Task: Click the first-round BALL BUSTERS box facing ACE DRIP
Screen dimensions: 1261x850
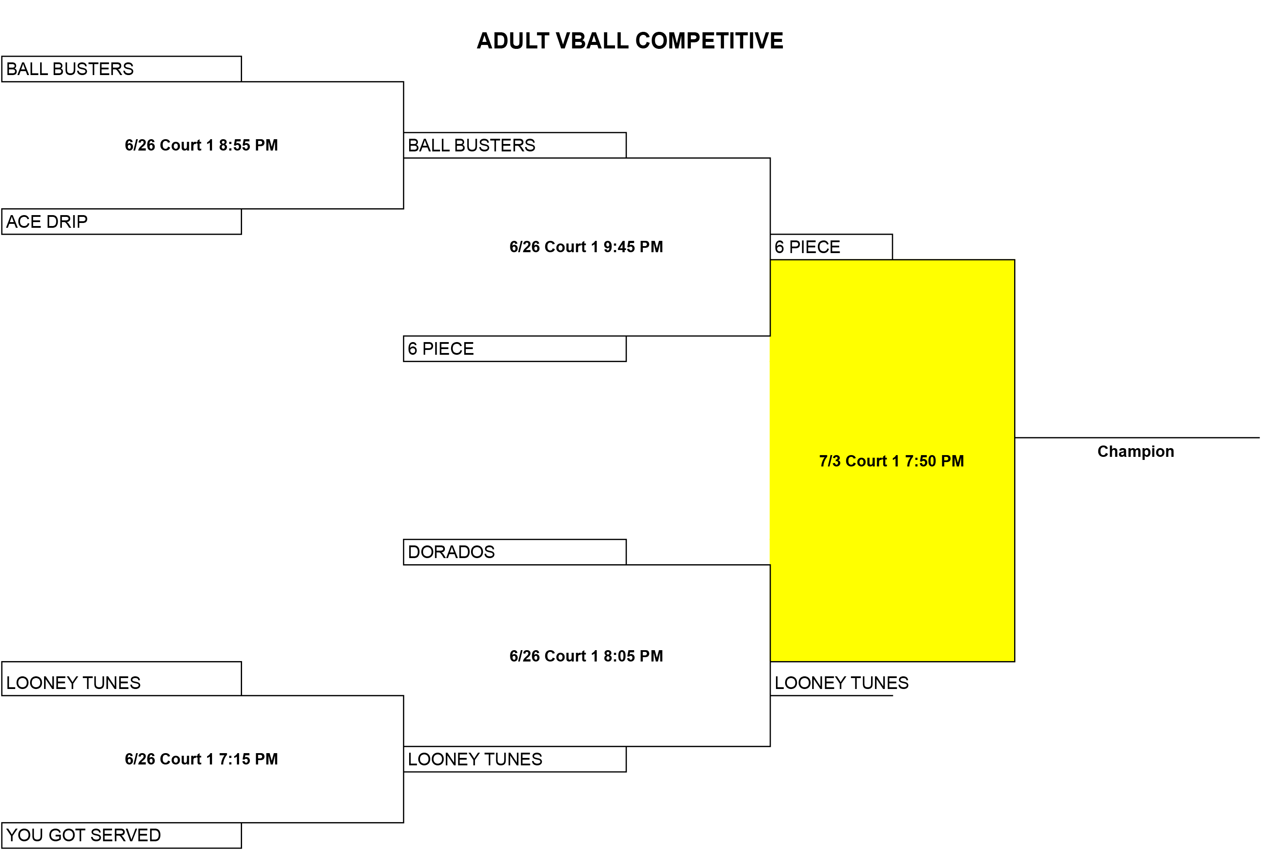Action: pyautogui.click(x=121, y=69)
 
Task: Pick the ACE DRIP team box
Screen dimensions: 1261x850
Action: pyautogui.click(x=121, y=222)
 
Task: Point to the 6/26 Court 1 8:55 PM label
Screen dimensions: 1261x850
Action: pyautogui.click(x=201, y=145)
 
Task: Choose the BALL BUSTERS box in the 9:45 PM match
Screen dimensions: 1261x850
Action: pyautogui.click(x=515, y=145)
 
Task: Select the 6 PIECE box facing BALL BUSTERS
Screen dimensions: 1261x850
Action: pyautogui.click(x=515, y=349)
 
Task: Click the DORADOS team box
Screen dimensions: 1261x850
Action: pyautogui.click(x=515, y=552)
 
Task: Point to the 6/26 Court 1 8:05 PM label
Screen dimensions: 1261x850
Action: pyautogui.click(x=586, y=656)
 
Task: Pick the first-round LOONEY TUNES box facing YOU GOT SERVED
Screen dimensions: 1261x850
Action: pyautogui.click(x=121, y=678)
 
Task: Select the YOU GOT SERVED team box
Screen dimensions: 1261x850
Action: pyautogui.click(x=121, y=835)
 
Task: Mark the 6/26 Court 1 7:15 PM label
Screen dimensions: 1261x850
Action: pyautogui.click(x=201, y=759)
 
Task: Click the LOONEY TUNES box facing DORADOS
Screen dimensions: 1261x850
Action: pyautogui.click(x=515, y=759)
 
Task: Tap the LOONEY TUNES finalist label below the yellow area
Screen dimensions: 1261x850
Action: pyautogui.click(x=841, y=683)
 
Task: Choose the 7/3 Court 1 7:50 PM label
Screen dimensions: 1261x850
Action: pyautogui.click(x=892, y=461)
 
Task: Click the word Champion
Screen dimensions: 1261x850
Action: pyautogui.click(x=1136, y=452)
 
